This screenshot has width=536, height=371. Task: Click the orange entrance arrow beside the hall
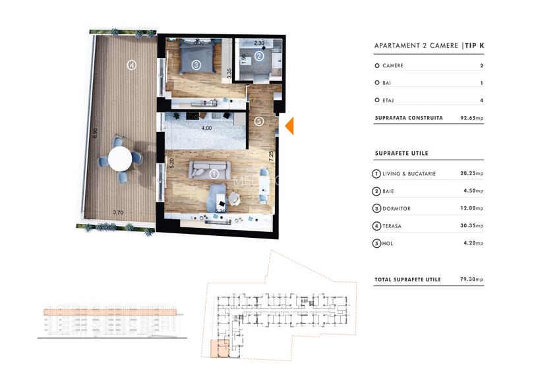[289, 125]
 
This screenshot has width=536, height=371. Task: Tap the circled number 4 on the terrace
[132, 65]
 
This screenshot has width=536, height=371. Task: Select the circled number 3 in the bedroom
[196, 65]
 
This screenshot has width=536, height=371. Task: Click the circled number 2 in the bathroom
[259, 57]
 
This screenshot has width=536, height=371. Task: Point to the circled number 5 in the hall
[259, 121]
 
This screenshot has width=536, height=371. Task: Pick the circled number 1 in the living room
[214, 175]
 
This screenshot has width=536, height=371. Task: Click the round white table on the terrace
[120, 159]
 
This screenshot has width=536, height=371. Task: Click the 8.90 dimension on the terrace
[95, 132]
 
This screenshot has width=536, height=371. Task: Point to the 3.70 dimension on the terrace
[118, 212]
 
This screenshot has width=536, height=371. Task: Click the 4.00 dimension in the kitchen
[206, 128]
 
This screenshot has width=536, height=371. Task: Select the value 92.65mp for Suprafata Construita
[471, 119]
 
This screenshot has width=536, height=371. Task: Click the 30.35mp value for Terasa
[471, 226]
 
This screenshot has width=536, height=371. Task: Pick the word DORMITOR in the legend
[396, 209]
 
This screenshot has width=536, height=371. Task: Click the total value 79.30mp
[471, 279]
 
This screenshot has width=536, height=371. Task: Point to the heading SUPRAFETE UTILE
[401, 154]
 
